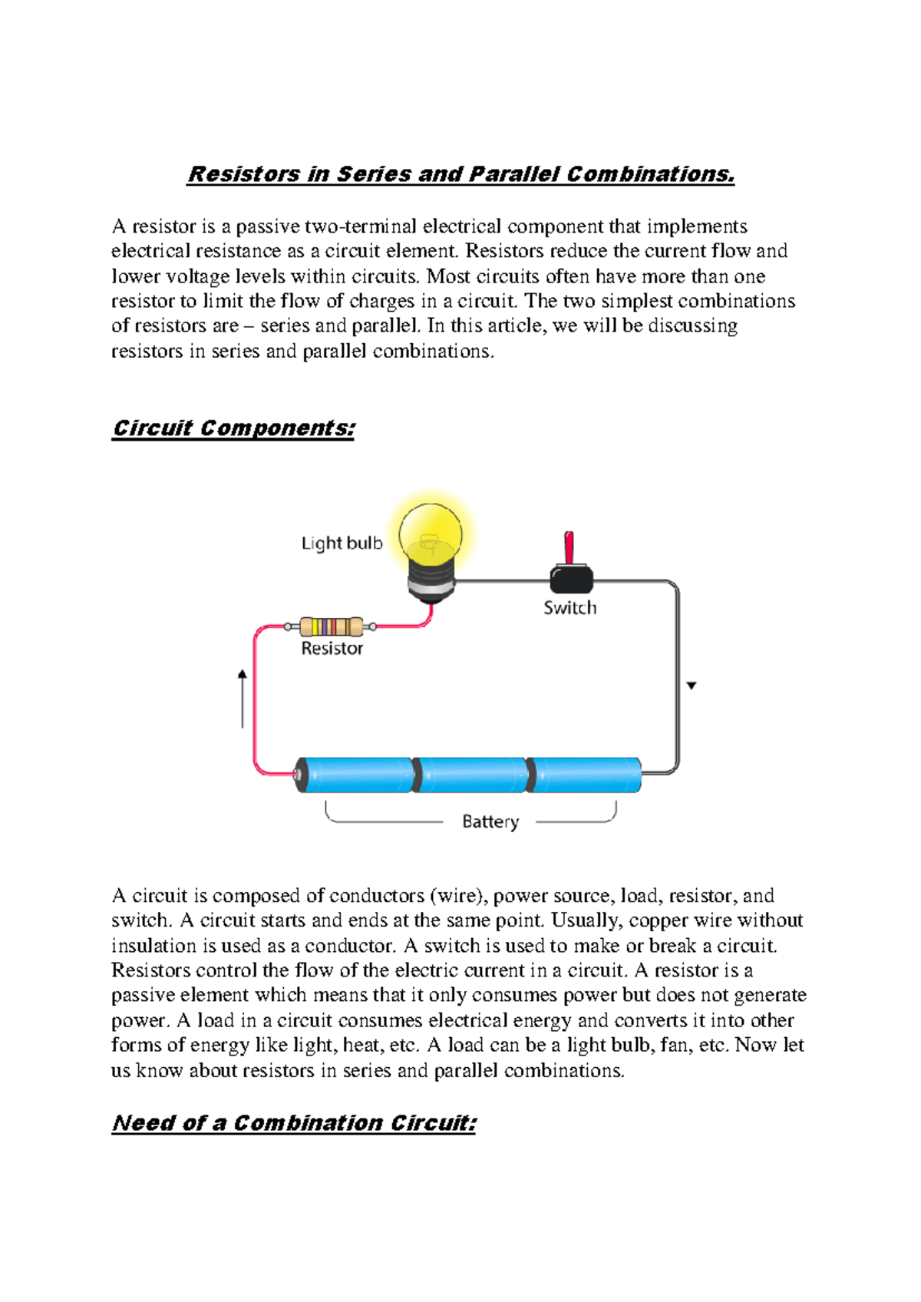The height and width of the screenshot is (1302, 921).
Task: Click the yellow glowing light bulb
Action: click(431, 532)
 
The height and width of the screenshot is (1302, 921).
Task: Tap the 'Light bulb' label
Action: click(342, 544)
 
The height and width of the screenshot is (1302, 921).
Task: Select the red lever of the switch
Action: click(569, 547)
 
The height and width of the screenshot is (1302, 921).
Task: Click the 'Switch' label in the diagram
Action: click(569, 608)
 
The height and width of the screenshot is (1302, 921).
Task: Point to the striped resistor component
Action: click(331, 626)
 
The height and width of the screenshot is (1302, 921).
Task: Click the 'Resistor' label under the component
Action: click(332, 649)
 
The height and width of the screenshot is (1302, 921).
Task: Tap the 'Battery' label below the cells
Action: click(490, 821)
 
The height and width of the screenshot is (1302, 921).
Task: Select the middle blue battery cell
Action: click(470, 775)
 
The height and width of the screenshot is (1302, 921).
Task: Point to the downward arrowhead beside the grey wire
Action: click(692, 686)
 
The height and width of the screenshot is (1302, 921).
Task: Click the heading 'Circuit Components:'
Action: click(233, 428)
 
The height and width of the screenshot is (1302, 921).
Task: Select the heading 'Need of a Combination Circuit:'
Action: click(294, 1123)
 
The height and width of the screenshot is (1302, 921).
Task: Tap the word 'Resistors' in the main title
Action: click(244, 174)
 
